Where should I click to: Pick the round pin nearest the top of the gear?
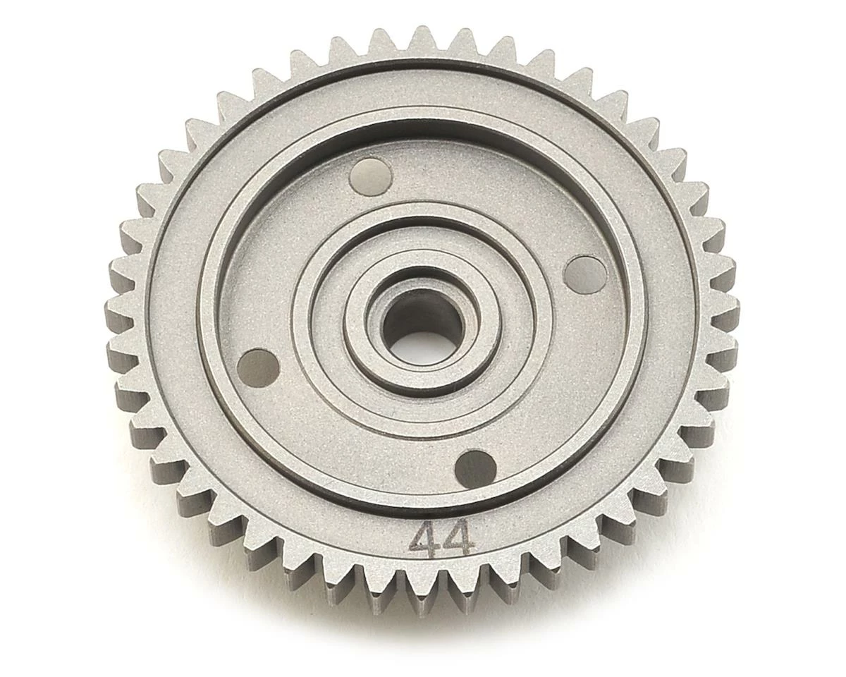point(371,176)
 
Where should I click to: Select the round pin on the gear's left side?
point(258,367)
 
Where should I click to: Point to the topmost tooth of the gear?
point(423,37)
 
